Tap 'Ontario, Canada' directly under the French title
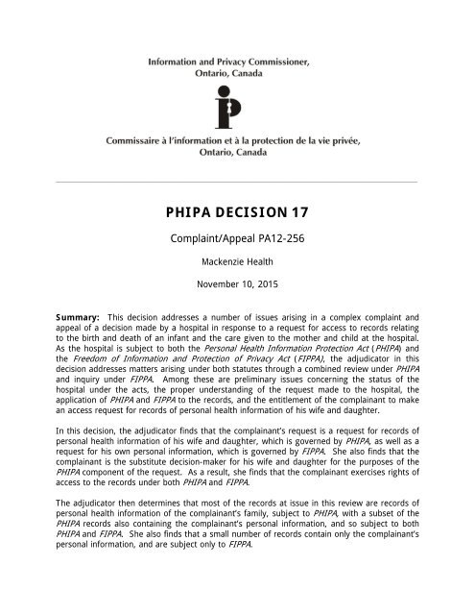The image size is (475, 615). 237,158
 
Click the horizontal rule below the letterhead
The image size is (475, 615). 237,182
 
